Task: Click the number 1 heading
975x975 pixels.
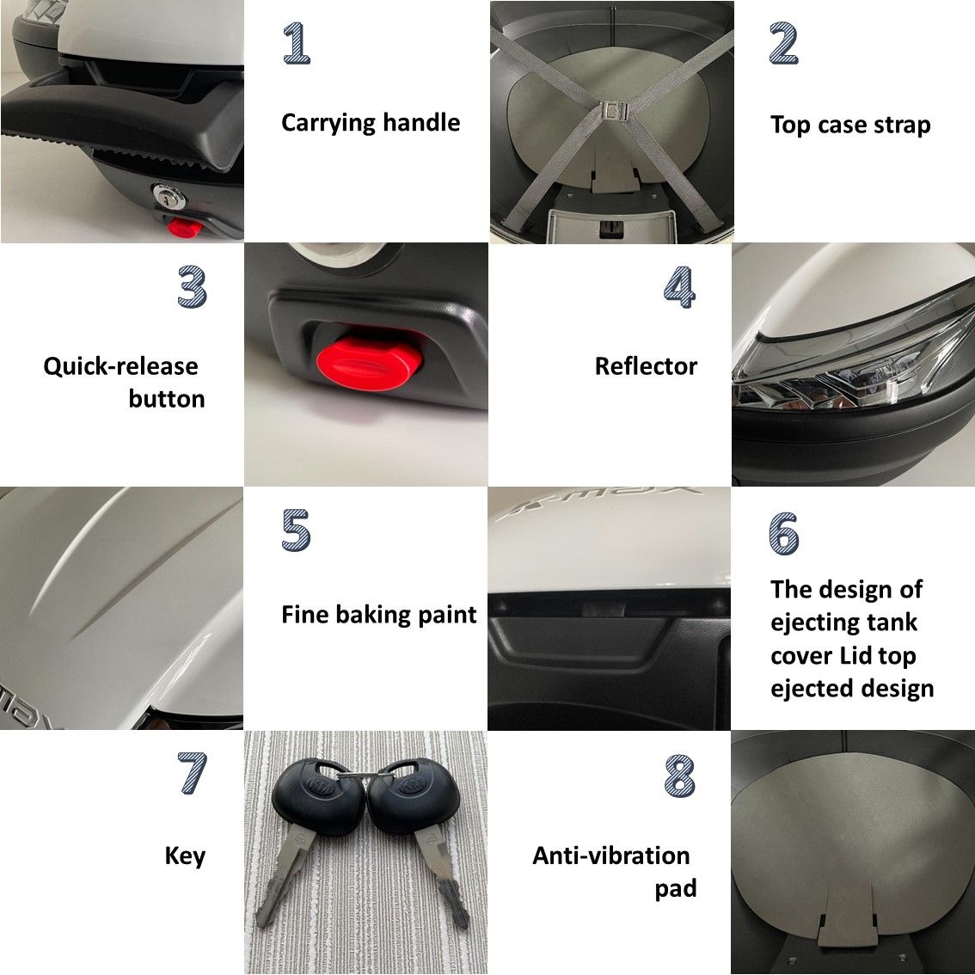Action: [x=297, y=43]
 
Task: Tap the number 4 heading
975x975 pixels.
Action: [x=679, y=286]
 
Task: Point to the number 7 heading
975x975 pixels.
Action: [x=192, y=773]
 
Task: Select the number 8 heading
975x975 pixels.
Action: [x=679, y=776]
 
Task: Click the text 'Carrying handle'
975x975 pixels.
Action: [x=371, y=122]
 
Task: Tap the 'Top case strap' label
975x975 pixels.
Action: [x=850, y=125]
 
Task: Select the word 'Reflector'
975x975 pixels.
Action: [x=646, y=366]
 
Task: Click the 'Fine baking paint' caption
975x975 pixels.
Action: [x=378, y=615]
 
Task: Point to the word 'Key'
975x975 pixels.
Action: [x=185, y=856]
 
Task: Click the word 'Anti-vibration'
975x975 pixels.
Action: [x=611, y=855]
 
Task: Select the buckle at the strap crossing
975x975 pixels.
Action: [x=615, y=111]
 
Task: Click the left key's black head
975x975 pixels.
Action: [x=317, y=789]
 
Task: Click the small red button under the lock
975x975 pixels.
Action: [x=184, y=228]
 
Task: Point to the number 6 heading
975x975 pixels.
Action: [x=783, y=533]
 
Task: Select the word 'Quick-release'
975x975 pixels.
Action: [x=120, y=366]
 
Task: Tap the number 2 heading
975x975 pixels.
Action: [x=783, y=43]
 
